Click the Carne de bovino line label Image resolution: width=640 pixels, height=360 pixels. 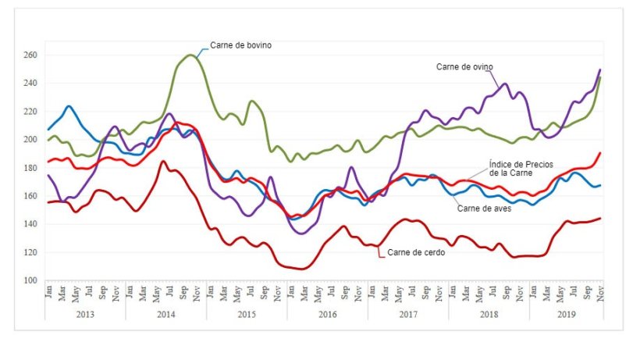(x=240, y=45)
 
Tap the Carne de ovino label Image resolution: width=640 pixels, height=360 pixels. (x=465, y=66)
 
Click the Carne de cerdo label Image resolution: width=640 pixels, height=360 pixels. (x=416, y=252)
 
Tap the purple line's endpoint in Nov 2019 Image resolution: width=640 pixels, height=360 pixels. (x=600, y=70)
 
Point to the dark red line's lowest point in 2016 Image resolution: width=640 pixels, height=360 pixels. (x=302, y=269)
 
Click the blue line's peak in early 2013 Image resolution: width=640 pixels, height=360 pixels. (x=69, y=106)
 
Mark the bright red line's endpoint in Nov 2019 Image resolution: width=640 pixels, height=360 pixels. (x=600, y=153)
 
